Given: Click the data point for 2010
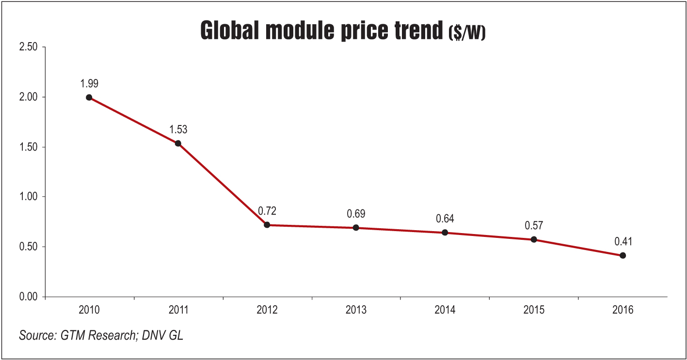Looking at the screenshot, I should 89,97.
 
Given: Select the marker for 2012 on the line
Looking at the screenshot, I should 267,225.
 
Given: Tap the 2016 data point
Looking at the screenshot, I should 623,255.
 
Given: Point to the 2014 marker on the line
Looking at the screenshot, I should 445,233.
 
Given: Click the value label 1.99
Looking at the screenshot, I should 89,83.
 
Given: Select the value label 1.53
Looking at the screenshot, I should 178,129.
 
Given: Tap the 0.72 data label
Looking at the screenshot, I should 267,211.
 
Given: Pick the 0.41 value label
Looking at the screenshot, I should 623,241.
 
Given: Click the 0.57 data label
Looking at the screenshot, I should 533,225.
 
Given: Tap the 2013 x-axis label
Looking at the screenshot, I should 356,310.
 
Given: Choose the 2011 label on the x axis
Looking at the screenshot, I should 178,310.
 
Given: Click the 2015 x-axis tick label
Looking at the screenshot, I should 533,310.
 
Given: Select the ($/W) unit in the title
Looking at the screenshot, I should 466,33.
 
